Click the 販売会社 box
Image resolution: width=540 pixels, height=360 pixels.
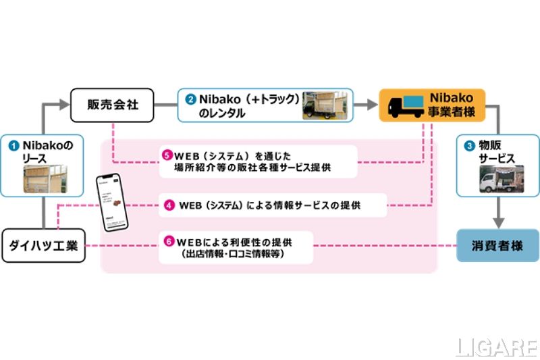click(113, 105)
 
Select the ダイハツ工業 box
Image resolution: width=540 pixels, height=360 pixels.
click(43, 246)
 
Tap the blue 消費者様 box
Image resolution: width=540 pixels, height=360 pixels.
click(498, 244)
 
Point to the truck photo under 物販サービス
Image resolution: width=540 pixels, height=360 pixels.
click(498, 178)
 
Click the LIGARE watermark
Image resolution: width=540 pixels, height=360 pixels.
click(497, 346)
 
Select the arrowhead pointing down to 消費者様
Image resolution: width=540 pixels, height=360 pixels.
click(498, 222)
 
